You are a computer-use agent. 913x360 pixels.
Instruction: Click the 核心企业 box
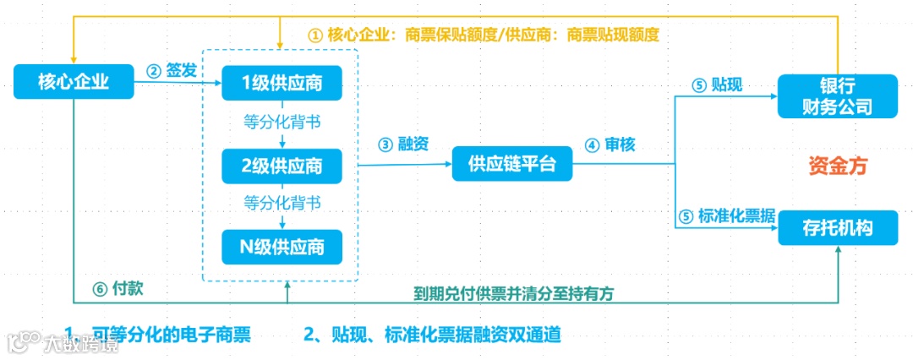(x=74, y=82)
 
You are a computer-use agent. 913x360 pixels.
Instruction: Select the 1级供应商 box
(x=282, y=82)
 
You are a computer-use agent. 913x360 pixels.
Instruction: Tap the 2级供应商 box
(x=282, y=166)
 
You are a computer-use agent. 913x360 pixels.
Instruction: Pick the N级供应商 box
(x=282, y=247)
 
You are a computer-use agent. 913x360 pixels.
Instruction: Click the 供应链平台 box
(x=512, y=164)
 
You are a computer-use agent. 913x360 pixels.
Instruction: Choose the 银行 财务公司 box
(x=836, y=97)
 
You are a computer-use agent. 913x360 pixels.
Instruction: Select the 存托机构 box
(x=836, y=226)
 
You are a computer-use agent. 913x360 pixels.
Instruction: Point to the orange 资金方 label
(x=838, y=166)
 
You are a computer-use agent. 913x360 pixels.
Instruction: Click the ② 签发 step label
(x=172, y=70)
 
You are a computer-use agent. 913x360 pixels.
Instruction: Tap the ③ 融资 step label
(x=403, y=144)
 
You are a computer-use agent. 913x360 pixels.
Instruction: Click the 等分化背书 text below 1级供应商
(x=282, y=123)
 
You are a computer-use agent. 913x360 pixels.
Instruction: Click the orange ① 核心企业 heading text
(x=483, y=35)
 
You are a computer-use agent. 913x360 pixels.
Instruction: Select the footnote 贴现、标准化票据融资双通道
(x=432, y=334)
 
